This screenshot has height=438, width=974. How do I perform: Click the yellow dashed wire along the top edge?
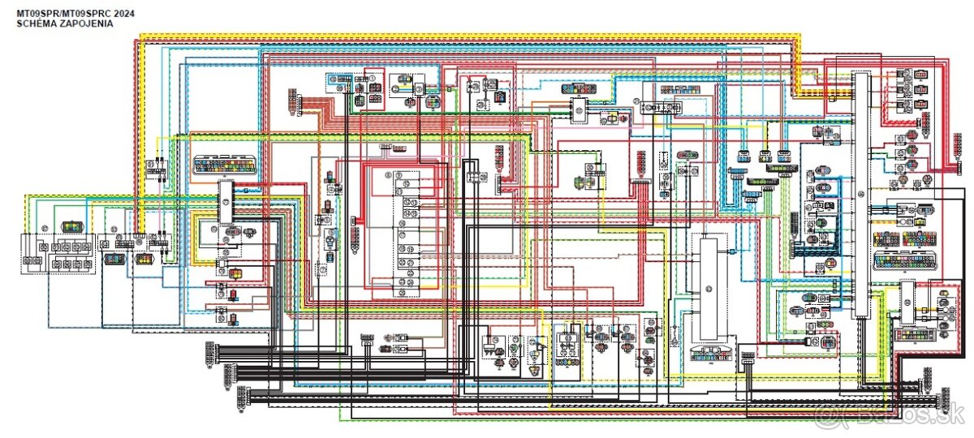[x=471, y=34]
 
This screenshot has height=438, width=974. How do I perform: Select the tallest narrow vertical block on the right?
[x=860, y=195]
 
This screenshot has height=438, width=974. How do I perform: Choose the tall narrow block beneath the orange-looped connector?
[x=225, y=204]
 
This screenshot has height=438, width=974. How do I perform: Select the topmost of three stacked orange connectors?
[x=922, y=76]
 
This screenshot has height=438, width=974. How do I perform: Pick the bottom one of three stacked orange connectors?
[x=922, y=105]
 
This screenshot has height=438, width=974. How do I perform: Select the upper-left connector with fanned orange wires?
[x=291, y=102]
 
